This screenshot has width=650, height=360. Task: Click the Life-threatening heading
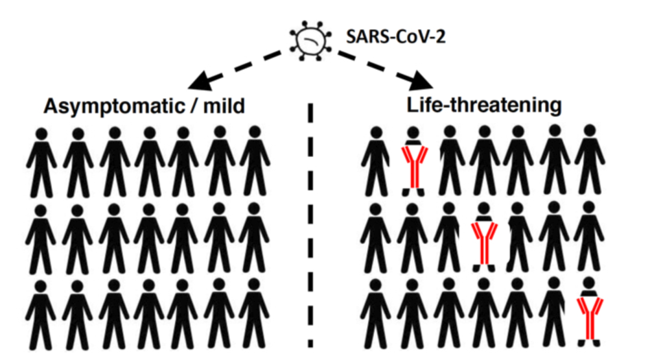(x=484, y=105)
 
